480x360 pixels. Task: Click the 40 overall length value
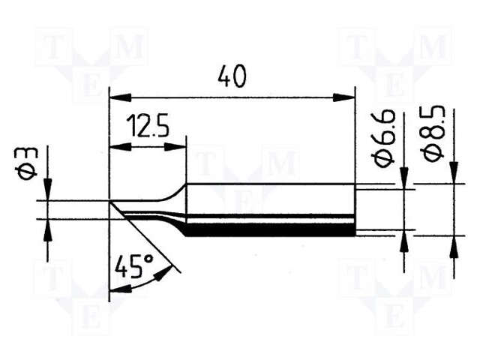click(x=231, y=76)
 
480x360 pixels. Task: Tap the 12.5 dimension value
click(x=147, y=124)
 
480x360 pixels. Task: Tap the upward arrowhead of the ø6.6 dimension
click(x=405, y=238)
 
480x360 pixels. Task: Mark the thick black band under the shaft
click(x=270, y=231)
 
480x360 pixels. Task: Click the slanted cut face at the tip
click(x=118, y=209)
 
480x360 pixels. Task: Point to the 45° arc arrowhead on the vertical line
click(x=114, y=290)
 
